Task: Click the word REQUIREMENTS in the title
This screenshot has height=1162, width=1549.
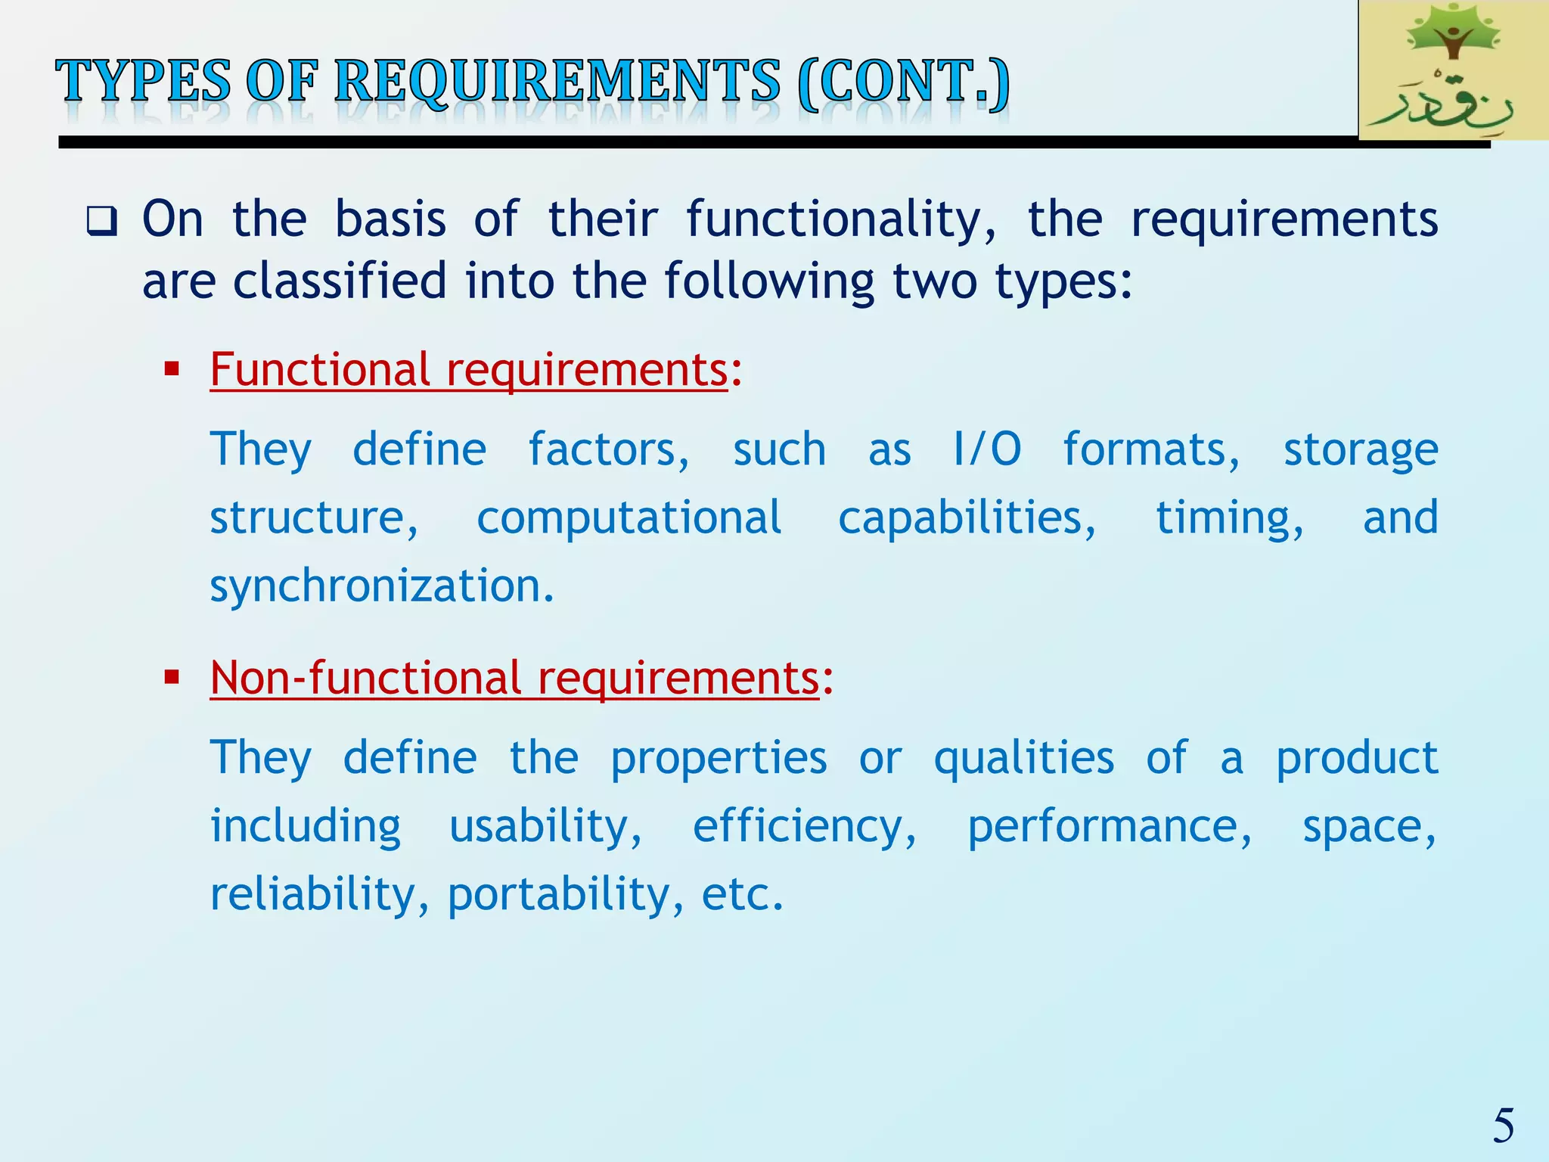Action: [x=557, y=82]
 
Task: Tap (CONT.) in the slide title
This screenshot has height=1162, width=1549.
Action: [x=903, y=82]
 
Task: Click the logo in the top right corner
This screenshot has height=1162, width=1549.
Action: [x=1452, y=70]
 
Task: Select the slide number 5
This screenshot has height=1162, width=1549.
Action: [x=1503, y=1125]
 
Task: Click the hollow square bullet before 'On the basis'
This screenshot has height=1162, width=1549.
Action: [x=101, y=221]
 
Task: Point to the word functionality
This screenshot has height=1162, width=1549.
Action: [x=841, y=221]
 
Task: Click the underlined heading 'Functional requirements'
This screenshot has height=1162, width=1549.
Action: [x=469, y=370]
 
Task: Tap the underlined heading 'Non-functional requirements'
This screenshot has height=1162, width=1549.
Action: [x=514, y=677]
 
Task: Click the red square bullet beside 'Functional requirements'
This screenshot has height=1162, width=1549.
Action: [x=172, y=370]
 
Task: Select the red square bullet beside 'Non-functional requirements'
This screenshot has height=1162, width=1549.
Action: [x=172, y=676]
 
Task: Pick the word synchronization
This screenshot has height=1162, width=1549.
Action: [x=382, y=586]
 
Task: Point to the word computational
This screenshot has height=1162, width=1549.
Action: [x=629, y=518]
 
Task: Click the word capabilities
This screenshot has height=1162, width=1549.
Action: [x=967, y=518]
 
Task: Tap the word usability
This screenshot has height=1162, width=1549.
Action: [x=545, y=825]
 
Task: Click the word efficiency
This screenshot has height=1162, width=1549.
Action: [x=804, y=825]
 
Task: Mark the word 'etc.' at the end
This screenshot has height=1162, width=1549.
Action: [x=742, y=894]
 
